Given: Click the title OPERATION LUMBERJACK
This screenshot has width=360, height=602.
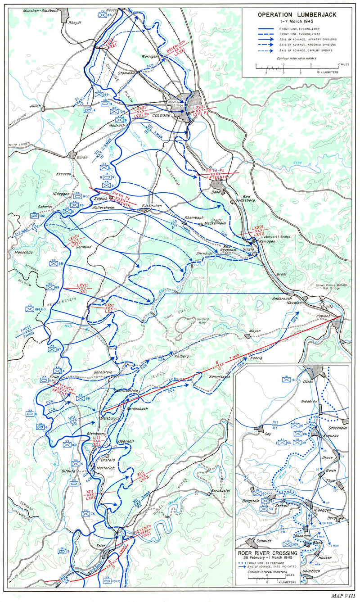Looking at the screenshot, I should (297, 14).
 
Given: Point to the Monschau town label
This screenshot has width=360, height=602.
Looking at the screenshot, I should (17, 241).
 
